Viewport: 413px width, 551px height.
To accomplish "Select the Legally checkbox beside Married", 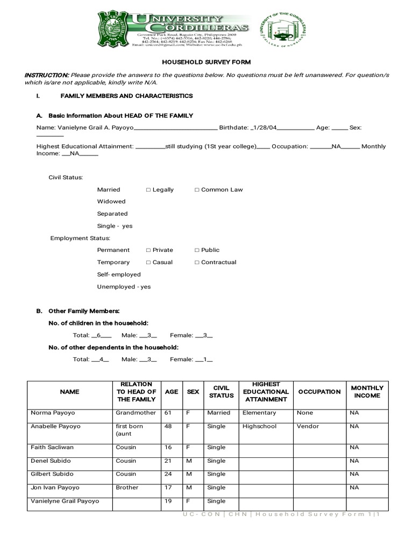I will pos(148,190).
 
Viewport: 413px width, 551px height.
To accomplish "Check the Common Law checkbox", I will pos(197,190).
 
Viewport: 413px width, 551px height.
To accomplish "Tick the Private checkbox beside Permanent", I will pos(148,250).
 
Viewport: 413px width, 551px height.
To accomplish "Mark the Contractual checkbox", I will pos(197,263).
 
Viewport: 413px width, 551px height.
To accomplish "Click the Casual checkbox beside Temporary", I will pos(148,263).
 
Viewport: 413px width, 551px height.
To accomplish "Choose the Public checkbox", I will pos(197,250).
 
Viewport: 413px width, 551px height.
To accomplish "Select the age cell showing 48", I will pos(170,426).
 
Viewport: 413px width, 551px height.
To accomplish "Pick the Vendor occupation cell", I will pos(308,426).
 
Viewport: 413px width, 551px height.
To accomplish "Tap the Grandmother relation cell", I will pos(136,413).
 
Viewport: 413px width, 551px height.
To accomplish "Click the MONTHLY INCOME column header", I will pos(367,392).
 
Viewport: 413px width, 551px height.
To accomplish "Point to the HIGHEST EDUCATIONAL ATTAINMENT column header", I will pos(266,392).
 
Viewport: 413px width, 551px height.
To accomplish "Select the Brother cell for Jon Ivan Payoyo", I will pos(127,488).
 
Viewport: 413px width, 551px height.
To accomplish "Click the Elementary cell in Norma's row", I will pos(259,413).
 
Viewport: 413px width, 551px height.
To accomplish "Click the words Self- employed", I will pos(119,274).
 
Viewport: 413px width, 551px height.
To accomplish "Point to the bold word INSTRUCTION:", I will pos(47,75).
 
